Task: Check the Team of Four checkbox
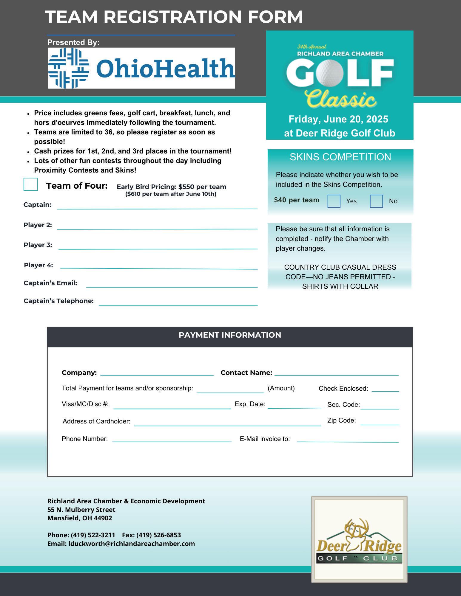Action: (31, 184)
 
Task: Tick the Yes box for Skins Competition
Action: (334, 201)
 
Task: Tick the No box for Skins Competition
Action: (376, 201)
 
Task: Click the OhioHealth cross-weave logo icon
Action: (69, 68)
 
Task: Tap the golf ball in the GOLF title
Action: (328, 72)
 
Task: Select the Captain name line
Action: (157, 206)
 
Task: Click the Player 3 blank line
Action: (158, 246)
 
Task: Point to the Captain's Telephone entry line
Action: (178, 302)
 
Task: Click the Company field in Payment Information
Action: (157, 372)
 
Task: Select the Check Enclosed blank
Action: (385, 389)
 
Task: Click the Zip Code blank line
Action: (380, 422)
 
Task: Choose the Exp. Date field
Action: (294, 405)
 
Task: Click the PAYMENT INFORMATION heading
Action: (230, 335)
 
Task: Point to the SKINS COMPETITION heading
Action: (340, 157)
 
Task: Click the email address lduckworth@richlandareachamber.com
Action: (132, 544)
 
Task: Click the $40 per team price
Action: (297, 200)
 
